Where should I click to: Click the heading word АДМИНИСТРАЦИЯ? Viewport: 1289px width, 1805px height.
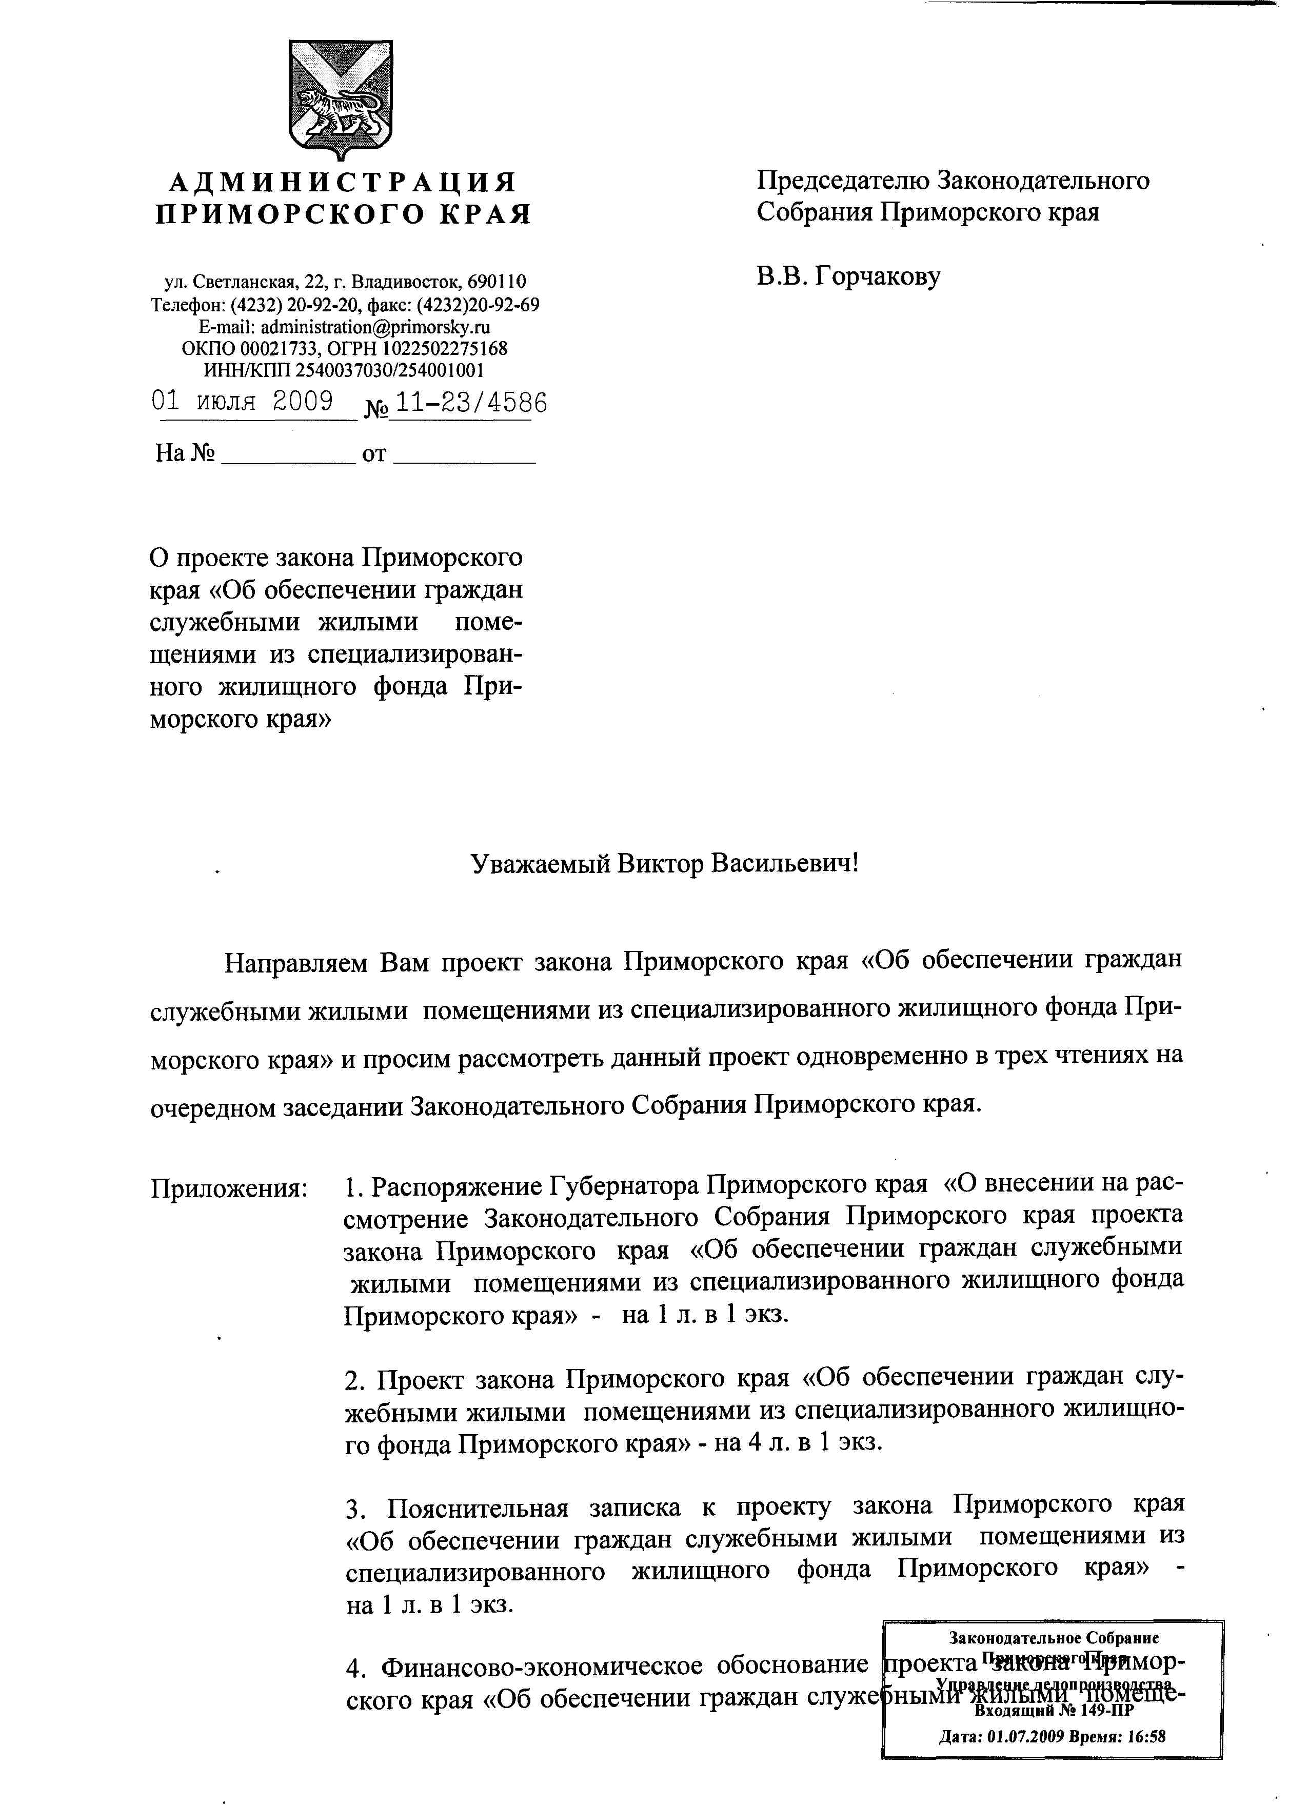point(343,183)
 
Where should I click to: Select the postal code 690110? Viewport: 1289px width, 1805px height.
point(496,281)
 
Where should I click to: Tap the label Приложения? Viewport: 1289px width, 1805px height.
point(229,1188)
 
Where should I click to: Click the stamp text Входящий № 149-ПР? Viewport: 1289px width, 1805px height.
point(1053,1710)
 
